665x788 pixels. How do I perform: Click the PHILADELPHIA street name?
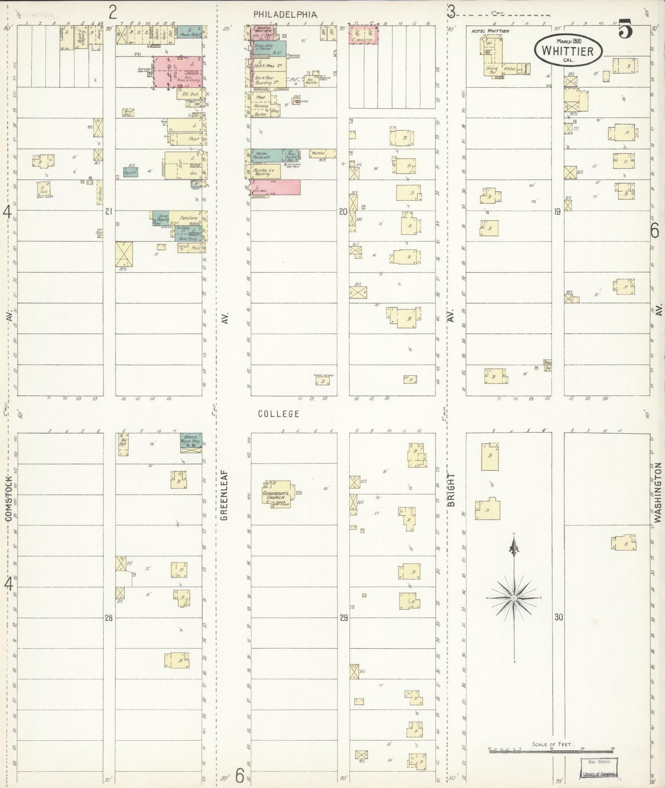(x=285, y=15)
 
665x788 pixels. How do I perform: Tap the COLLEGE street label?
(x=278, y=414)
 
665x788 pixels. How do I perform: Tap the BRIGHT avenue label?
(x=451, y=490)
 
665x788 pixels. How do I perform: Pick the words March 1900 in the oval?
(x=569, y=41)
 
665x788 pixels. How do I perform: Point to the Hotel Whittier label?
(x=491, y=31)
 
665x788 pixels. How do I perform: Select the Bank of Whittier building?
(x=264, y=33)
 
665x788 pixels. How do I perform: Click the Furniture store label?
(x=188, y=218)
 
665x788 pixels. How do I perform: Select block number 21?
(x=109, y=211)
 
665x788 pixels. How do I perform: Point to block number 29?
(x=343, y=618)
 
